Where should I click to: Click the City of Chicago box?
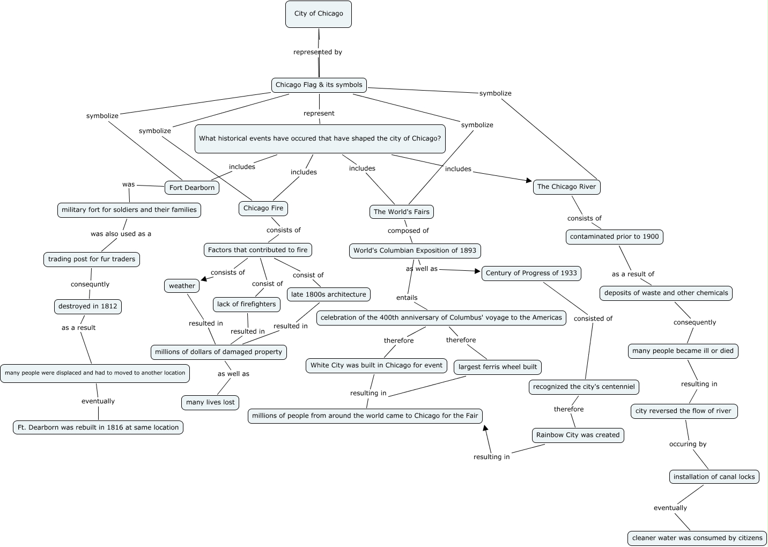click(318, 14)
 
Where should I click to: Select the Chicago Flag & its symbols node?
click(319, 85)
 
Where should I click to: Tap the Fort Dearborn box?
click(191, 188)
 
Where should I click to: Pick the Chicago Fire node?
click(263, 208)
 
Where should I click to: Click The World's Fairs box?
click(401, 212)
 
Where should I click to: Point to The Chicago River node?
click(566, 187)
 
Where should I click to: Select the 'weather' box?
click(182, 286)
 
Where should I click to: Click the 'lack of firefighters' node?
click(246, 304)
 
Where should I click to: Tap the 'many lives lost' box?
click(210, 402)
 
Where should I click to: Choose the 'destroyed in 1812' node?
click(87, 306)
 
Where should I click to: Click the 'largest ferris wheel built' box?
click(497, 367)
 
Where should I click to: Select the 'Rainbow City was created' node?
click(578, 435)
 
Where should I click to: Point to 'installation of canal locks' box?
click(714, 477)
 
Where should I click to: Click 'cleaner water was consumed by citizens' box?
click(697, 538)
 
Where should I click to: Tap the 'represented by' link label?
click(317, 52)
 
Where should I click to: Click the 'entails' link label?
click(407, 298)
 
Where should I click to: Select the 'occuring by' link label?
click(688, 444)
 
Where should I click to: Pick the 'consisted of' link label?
click(593, 319)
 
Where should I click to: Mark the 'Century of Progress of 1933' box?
click(531, 273)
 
